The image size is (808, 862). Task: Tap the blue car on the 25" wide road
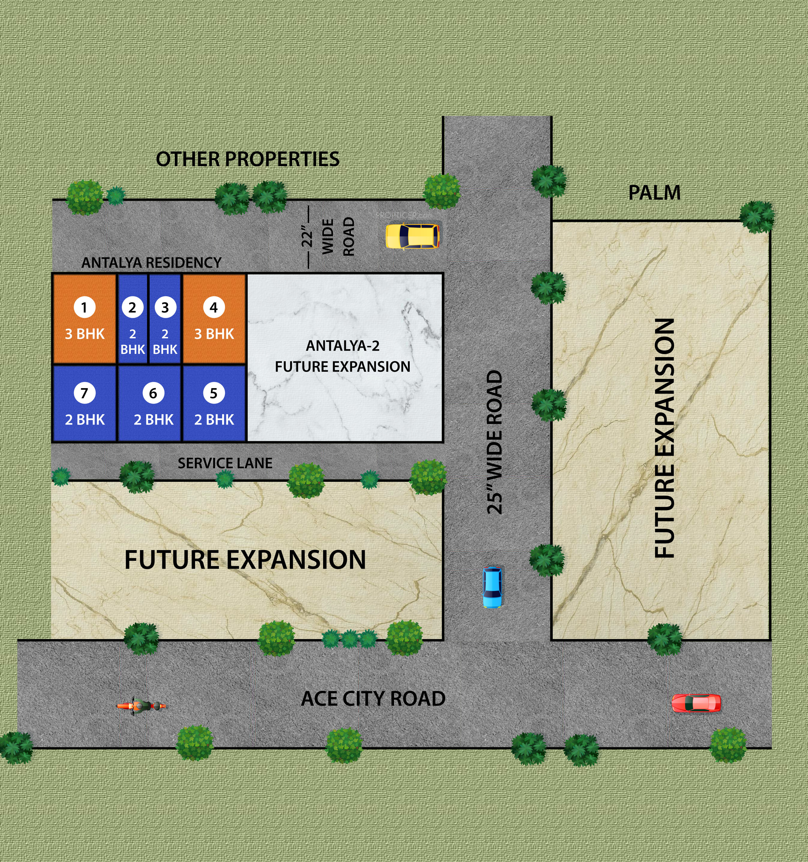[x=493, y=587]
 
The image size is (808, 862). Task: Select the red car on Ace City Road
[x=696, y=703]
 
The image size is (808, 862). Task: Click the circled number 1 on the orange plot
[x=84, y=308]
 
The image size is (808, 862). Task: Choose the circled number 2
[x=132, y=308]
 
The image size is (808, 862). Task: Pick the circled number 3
[x=165, y=308]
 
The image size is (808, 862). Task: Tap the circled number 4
[x=213, y=308]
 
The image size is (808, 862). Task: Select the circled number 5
[x=213, y=393]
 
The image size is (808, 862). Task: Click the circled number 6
[x=153, y=393]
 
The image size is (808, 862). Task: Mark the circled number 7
[x=84, y=393]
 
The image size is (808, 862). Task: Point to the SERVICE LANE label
[x=225, y=463]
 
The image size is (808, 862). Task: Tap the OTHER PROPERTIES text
[x=247, y=159]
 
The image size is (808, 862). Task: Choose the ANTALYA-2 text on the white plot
[x=342, y=346]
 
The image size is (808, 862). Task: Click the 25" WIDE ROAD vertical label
[x=495, y=442]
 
